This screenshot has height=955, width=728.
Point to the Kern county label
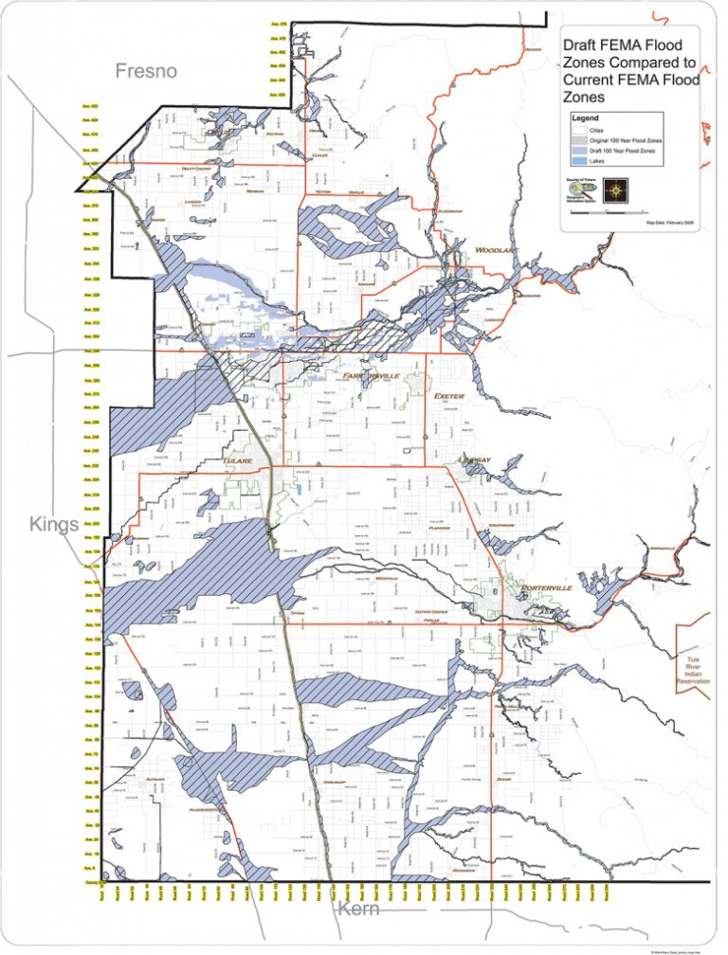[x=357, y=910]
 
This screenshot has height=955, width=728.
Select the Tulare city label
[x=237, y=461]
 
